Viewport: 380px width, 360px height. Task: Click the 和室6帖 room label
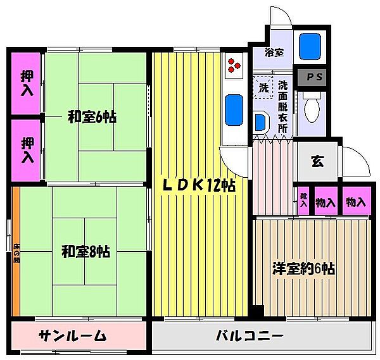pos(92,117)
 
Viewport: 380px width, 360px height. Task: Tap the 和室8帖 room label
pos(86,251)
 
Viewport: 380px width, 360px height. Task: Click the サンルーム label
pos(72,335)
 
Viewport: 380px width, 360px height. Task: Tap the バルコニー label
pos(248,335)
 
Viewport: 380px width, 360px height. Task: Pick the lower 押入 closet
pos(27,149)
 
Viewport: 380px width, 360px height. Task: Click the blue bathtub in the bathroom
pos(310,46)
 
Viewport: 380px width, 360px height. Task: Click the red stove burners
pos(234,64)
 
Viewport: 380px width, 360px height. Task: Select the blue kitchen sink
pos(234,109)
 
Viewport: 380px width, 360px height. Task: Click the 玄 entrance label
pos(317,160)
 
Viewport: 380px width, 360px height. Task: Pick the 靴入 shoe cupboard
pos(304,202)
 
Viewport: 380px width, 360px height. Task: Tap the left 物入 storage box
pos(327,202)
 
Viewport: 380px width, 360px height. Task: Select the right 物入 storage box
pos(356,202)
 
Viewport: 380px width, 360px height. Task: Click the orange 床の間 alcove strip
pos(16,253)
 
